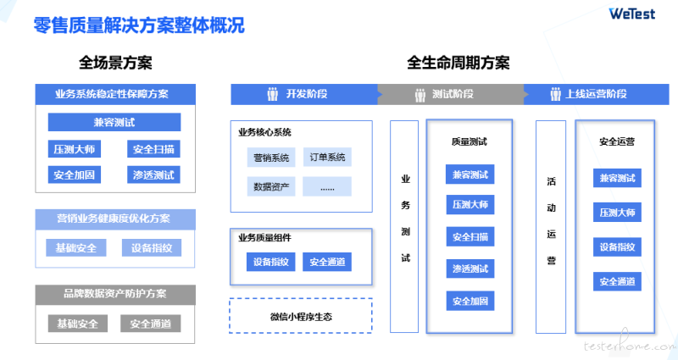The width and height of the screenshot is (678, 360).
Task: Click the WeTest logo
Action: click(x=631, y=14)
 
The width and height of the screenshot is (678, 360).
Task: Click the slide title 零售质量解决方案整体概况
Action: click(x=139, y=25)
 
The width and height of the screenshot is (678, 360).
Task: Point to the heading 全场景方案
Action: click(x=115, y=63)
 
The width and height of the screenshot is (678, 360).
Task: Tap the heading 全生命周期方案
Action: click(x=458, y=63)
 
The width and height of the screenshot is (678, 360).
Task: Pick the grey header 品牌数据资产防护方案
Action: click(x=115, y=294)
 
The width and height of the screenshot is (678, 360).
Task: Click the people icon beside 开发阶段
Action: click(x=272, y=94)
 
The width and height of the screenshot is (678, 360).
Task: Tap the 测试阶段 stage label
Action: click(x=453, y=94)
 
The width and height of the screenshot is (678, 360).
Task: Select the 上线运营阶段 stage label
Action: click(x=597, y=94)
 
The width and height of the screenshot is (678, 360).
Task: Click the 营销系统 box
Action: click(x=271, y=158)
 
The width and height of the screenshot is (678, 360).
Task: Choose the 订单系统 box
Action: click(x=327, y=158)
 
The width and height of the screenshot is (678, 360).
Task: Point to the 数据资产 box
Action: click(x=271, y=186)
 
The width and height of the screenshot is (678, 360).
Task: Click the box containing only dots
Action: click(x=327, y=186)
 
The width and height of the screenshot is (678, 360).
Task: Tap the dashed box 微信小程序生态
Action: click(x=301, y=316)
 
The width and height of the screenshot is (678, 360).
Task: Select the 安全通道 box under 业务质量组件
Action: click(x=327, y=262)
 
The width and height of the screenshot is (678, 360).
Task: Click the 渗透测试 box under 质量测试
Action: click(x=470, y=269)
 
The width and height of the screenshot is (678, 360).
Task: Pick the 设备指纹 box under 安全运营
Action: click(x=617, y=246)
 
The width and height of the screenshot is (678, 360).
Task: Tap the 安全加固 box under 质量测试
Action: click(x=470, y=302)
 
